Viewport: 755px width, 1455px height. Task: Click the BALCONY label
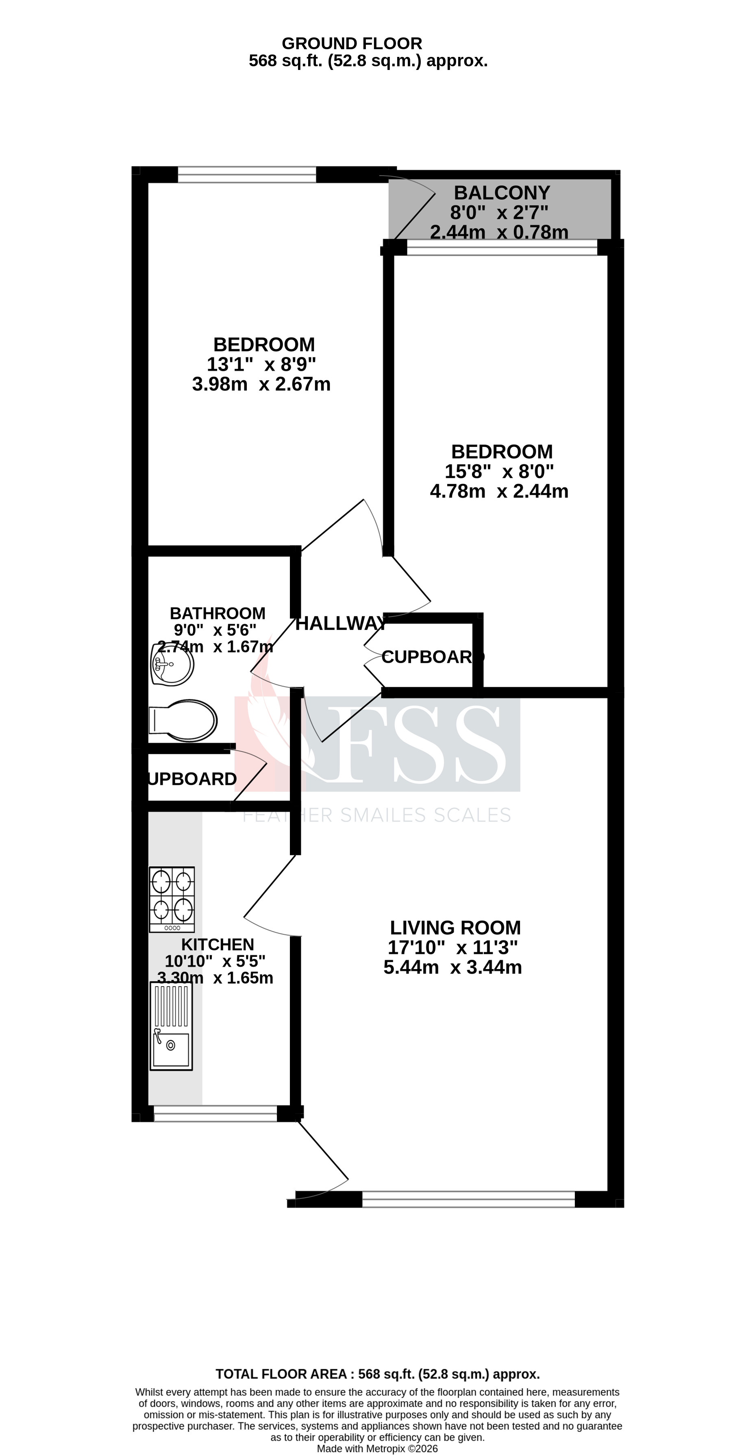coord(501,193)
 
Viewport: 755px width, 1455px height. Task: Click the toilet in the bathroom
coord(183,720)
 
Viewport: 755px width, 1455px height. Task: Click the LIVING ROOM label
coord(455,928)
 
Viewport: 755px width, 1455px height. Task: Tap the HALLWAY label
coord(341,623)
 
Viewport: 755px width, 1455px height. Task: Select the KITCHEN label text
coord(218,944)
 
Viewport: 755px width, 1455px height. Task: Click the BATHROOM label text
coord(218,613)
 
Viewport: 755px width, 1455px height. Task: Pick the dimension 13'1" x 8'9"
coord(261,364)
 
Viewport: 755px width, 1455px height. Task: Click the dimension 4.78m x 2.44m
coord(499,491)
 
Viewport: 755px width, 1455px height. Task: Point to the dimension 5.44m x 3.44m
coord(453,967)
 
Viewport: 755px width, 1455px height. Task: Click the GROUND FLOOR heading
coord(352,44)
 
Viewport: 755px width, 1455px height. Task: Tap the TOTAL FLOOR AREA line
coord(377,1374)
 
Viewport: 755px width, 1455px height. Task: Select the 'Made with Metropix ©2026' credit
coord(377,1449)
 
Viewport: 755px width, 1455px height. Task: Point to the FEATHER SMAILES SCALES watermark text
coord(377,815)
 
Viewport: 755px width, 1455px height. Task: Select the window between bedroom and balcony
coord(502,247)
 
